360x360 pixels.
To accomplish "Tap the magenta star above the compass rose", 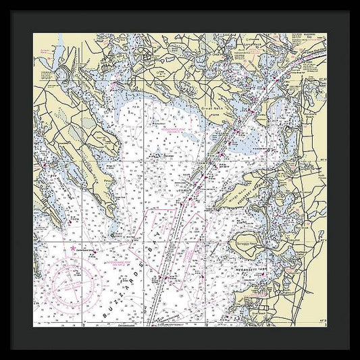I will coord(65,249).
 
